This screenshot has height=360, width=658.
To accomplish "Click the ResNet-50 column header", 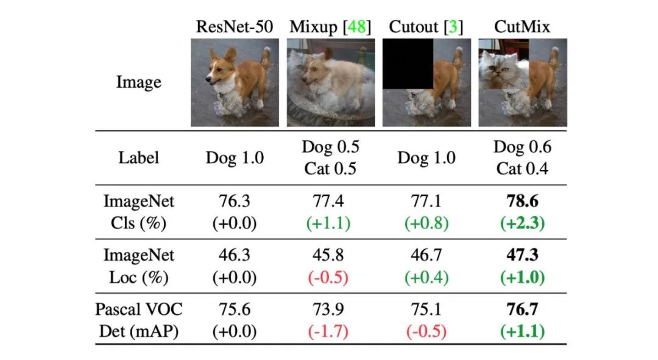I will click(x=235, y=27).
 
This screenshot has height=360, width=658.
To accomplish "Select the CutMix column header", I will click(x=522, y=27).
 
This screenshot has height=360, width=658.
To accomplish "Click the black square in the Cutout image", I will click(x=408, y=64).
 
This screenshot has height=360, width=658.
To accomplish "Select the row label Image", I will click(x=139, y=83).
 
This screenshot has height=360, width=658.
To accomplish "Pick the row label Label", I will click(x=139, y=158).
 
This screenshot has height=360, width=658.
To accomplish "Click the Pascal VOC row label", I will click(x=139, y=309).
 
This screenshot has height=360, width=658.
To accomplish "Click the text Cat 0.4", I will click(x=522, y=169).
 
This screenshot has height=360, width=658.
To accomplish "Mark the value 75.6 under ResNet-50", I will click(x=235, y=310).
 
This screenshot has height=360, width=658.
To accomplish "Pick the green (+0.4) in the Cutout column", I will click(x=426, y=278).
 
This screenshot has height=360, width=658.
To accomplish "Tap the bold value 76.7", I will click(x=522, y=310).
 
